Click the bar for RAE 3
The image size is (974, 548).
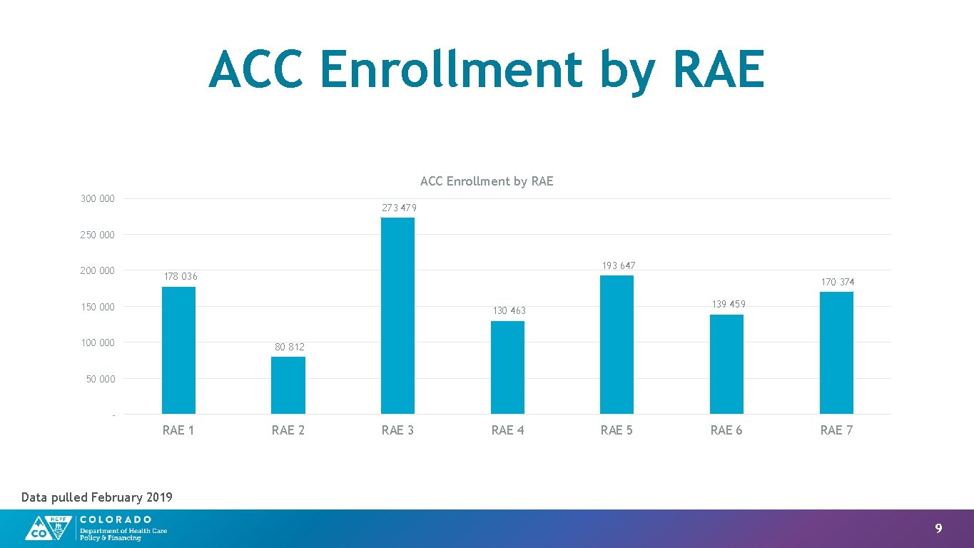point(397,315)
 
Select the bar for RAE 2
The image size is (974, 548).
point(288,385)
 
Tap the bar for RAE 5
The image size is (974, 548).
point(617,345)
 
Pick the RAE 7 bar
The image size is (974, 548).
point(836,352)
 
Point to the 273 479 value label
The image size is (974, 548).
point(399,208)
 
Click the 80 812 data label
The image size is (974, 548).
point(289,347)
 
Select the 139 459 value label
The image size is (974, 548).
point(728,304)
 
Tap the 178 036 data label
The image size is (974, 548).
point(181,276)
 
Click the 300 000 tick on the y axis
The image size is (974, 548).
point(97,198)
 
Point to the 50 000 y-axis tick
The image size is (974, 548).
point(100,379)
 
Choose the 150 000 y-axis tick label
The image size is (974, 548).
point(97,307)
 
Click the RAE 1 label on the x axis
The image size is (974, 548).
point(178,430)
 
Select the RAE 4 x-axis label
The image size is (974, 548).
point(507,430)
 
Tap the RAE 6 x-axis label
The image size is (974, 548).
point(726,430)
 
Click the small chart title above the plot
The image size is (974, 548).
point(487,181)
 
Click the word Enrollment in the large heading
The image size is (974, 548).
point(451,70)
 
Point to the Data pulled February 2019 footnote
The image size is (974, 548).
point(97,497)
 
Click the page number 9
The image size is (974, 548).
point(938,529)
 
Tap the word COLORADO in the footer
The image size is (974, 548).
point(116,519)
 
